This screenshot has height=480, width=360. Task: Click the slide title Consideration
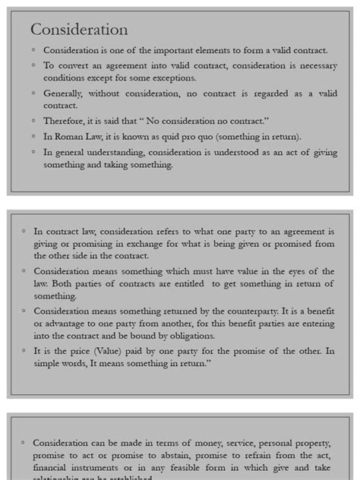(x=79, y=30)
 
